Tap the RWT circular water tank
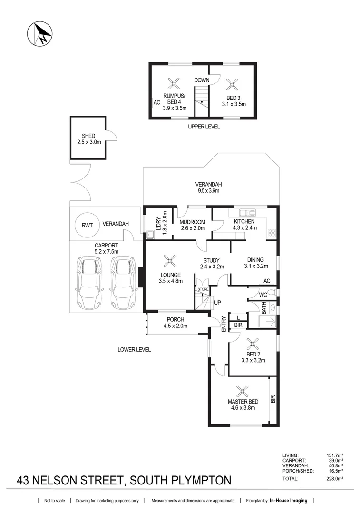pos(87,225)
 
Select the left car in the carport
pos(88,282)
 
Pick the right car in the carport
pos(121,282)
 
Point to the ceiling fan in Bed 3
pos(233,85)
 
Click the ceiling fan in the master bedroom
pos(243,392)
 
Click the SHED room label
pos(88,136)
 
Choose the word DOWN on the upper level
pos(202,80)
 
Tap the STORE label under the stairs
pos(203,289)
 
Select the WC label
pos(263,295)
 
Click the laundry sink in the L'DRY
pos(151,234)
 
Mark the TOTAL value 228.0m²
pos(333,479)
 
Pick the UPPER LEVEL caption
pos(204,127)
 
